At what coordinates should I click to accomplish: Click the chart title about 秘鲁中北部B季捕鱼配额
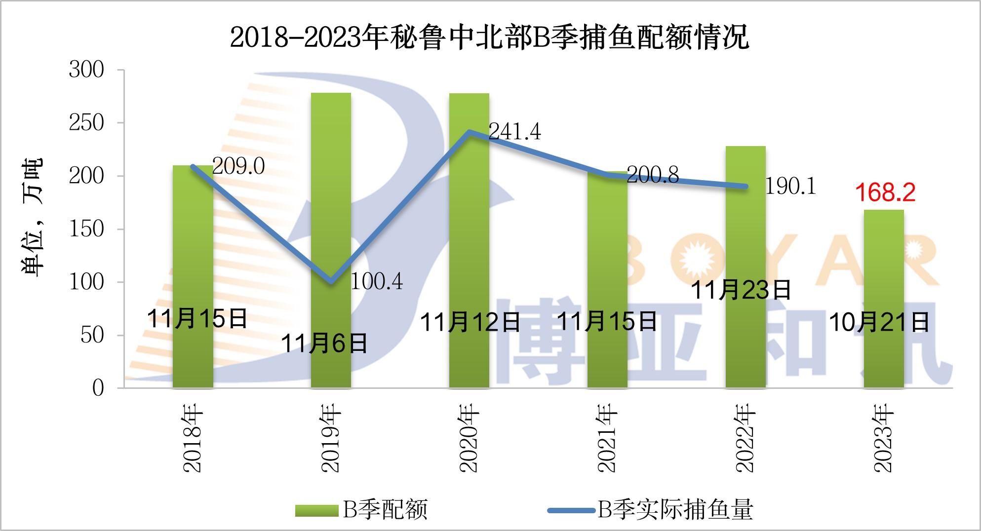489,37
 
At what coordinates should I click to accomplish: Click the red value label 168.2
885,192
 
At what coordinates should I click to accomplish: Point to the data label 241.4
514,132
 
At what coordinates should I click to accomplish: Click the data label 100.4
376,282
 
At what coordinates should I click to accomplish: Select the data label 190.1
790,187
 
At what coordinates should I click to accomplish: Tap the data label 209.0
238,166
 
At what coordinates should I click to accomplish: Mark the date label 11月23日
741,290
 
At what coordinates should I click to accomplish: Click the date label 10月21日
879,323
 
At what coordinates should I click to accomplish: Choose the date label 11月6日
324,343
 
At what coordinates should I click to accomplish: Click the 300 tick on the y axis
87,70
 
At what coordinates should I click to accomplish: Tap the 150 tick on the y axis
87,229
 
